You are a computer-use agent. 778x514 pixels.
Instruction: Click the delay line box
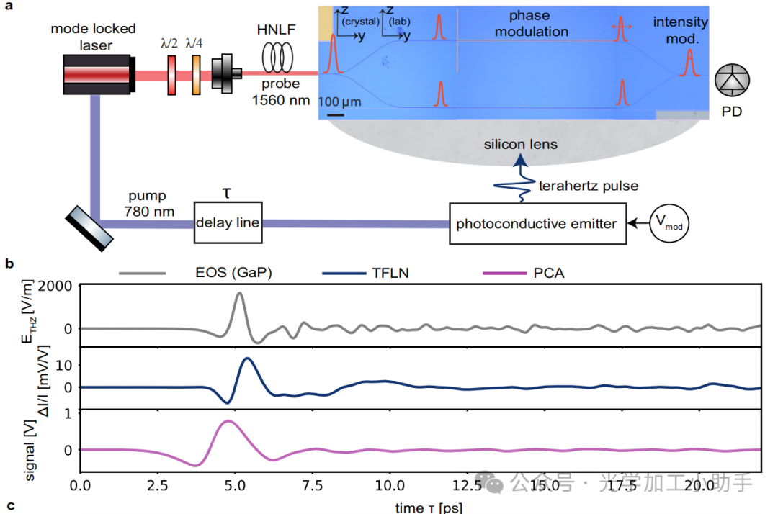coord(226,223)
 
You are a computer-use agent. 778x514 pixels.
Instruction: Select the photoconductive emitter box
coord(536,224)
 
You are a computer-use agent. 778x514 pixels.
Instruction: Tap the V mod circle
coord(669,224)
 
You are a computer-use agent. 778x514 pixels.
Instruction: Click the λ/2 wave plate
coord(171,73)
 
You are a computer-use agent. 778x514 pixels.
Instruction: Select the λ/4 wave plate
coord(195,73)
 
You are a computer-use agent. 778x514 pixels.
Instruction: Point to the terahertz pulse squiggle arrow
coord(515,176)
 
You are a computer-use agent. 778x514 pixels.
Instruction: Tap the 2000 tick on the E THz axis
coord(60,286)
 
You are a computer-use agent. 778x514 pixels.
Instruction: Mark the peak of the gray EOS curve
coord(239,293)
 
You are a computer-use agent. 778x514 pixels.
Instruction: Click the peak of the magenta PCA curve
coord(228,421)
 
